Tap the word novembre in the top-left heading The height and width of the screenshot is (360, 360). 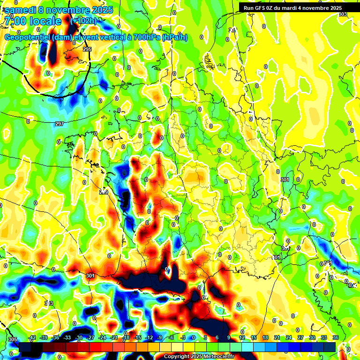pyautogui.click(x=67, y=10)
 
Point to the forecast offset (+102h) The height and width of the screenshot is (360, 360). pyautogui.click(x=83, y=21)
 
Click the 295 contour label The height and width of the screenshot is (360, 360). pyautogui.click(x=87, y=49)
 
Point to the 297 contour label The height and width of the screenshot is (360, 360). pyautogui.click(x=59, y=124)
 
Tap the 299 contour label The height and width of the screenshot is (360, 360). pyautogui.click(x=104, y=192)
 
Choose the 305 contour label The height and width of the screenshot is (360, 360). pyautogui.click(x=13, y=339)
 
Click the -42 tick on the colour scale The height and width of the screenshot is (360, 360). pyautogui.click(x=32, y=338)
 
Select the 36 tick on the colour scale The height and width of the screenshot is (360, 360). pyautogui.click(x=336, y=338)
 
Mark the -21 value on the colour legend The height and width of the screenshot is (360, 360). pyautogui.click(x=114, y=338)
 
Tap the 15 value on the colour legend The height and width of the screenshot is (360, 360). pyautogui.click(x=254, y=338)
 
